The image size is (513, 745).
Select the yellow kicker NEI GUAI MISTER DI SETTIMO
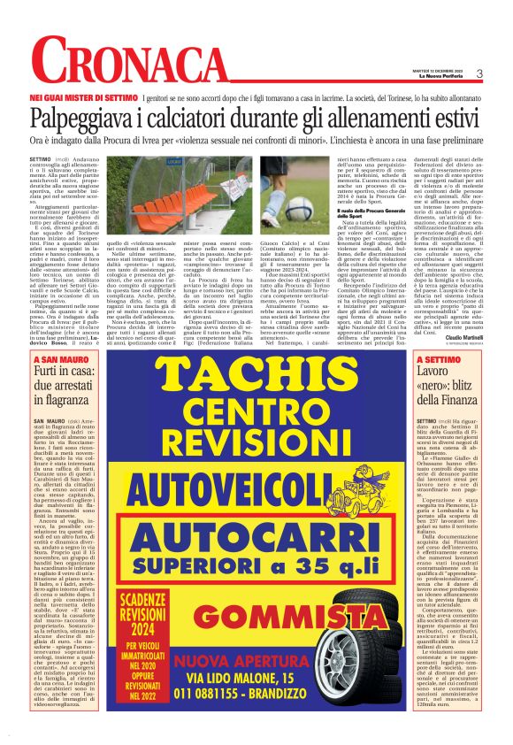pos(83,95)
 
